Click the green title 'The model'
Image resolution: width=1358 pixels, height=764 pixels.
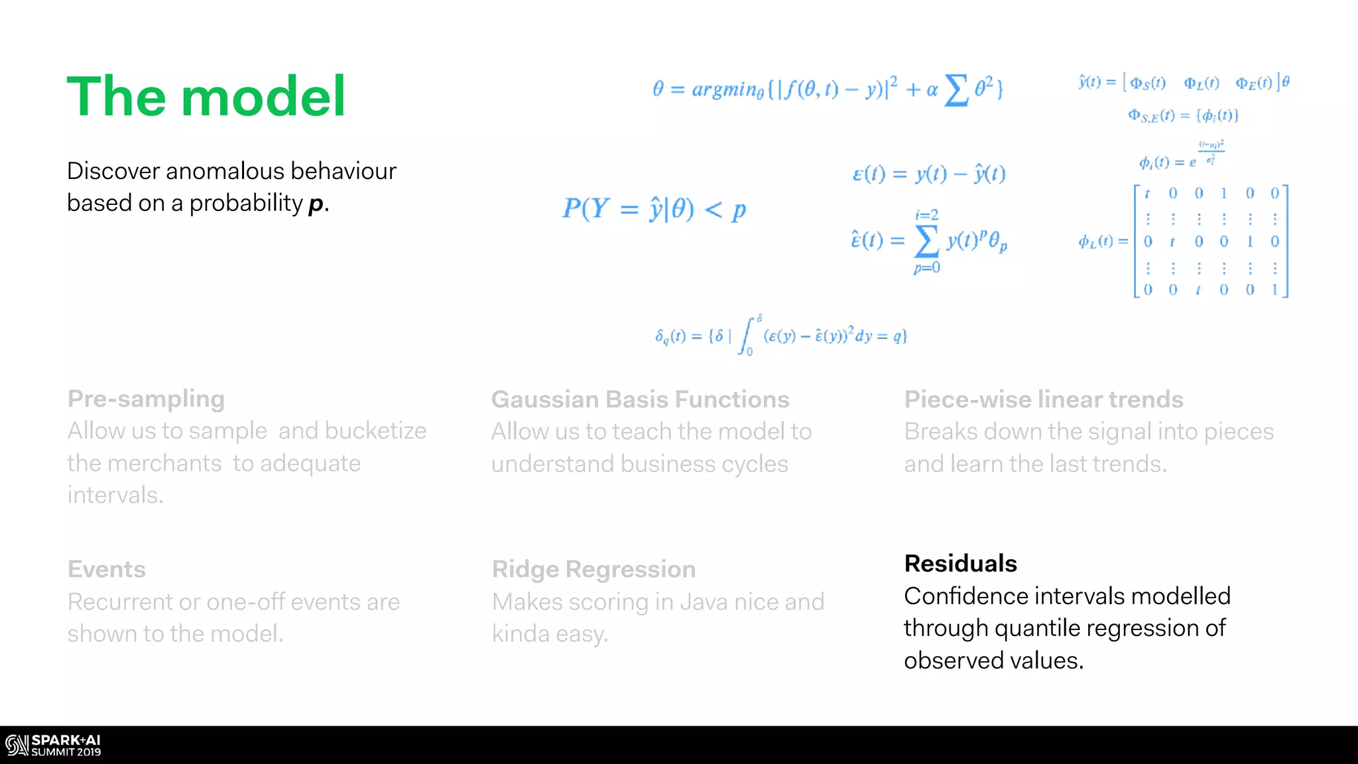(206, 97)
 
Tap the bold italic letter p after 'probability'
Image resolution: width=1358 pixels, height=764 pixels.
(316, 204)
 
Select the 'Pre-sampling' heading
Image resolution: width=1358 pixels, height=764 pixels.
(146, 399)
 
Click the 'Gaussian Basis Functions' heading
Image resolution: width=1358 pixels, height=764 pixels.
(640, 399)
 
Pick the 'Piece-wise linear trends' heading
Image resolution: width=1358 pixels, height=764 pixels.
(1044, 399)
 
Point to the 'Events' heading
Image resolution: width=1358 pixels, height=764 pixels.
(107, 569)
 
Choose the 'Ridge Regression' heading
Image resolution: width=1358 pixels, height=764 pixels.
(593, 569)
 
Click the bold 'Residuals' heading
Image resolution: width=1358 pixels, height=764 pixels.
(960, 563)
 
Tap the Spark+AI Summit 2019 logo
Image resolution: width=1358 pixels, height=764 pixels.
(53, 745)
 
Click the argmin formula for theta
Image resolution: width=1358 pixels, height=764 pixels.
(828, 89)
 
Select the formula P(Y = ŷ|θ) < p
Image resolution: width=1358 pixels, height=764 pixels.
(654, 210)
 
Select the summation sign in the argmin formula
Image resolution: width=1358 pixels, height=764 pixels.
(956, 90)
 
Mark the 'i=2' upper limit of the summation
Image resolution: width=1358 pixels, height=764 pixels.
(926, 215)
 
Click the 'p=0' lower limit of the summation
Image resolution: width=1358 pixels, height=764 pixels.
(926, 267)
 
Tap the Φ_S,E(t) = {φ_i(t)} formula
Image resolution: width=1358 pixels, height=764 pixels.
(1183, 116)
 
